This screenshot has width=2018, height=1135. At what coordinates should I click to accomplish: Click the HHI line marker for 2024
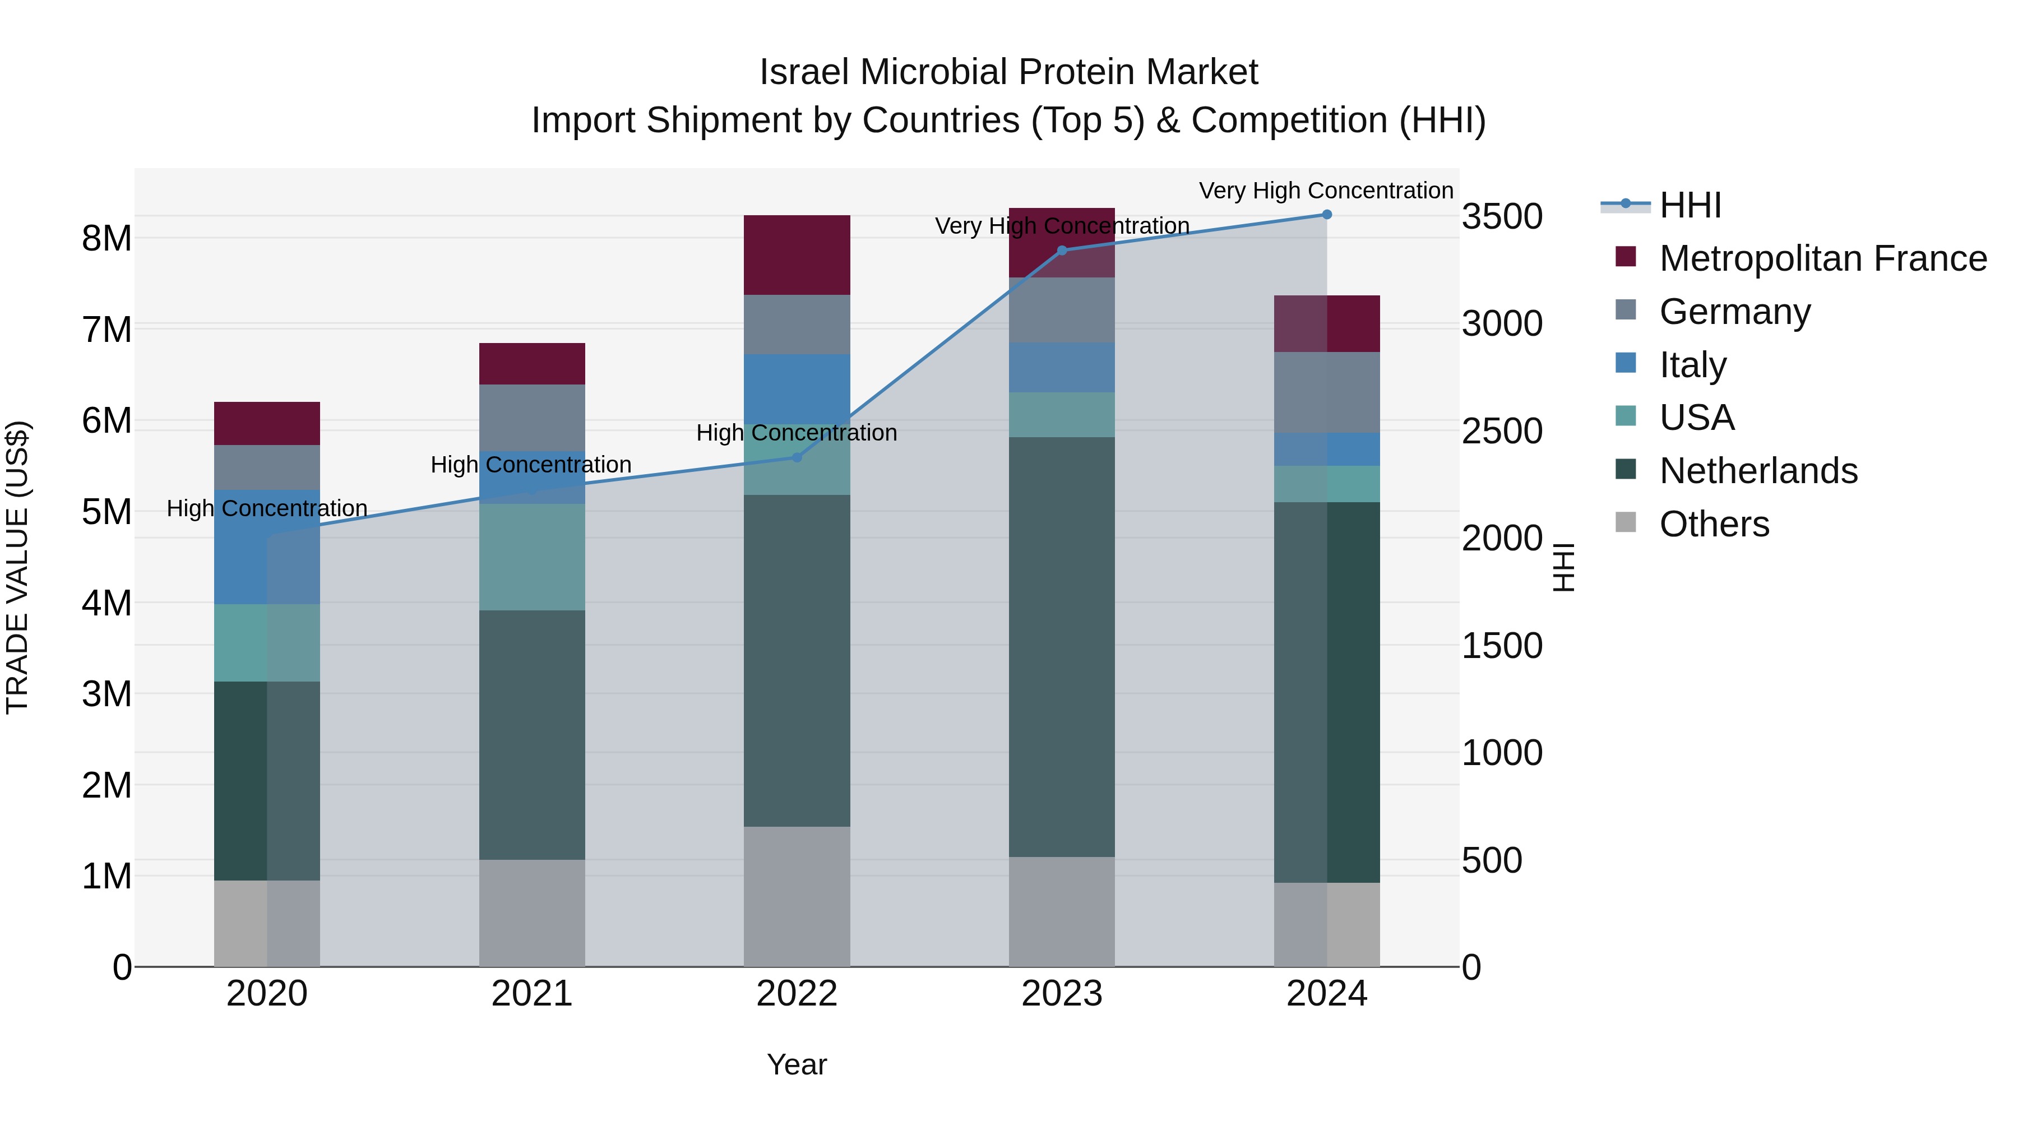coord(1326,214)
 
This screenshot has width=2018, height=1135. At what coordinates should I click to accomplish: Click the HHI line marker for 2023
coord(1062,251)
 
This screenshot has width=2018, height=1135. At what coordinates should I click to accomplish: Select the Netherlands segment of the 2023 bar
coord(1062,646)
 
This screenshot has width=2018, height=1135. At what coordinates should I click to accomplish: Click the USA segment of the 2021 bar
coord(532,557)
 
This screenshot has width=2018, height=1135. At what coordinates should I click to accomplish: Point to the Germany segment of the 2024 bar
coord(1326,392)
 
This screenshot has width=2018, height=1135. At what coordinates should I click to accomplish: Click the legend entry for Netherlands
coord(1758,471)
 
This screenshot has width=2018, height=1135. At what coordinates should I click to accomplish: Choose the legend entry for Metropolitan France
coord(1822,258)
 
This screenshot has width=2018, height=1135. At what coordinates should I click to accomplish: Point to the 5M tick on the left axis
coord(107,512)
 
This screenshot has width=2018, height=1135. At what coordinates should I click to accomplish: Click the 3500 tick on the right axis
coord(1502,216)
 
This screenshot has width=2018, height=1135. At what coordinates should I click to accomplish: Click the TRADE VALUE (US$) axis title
coord(17,567)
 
